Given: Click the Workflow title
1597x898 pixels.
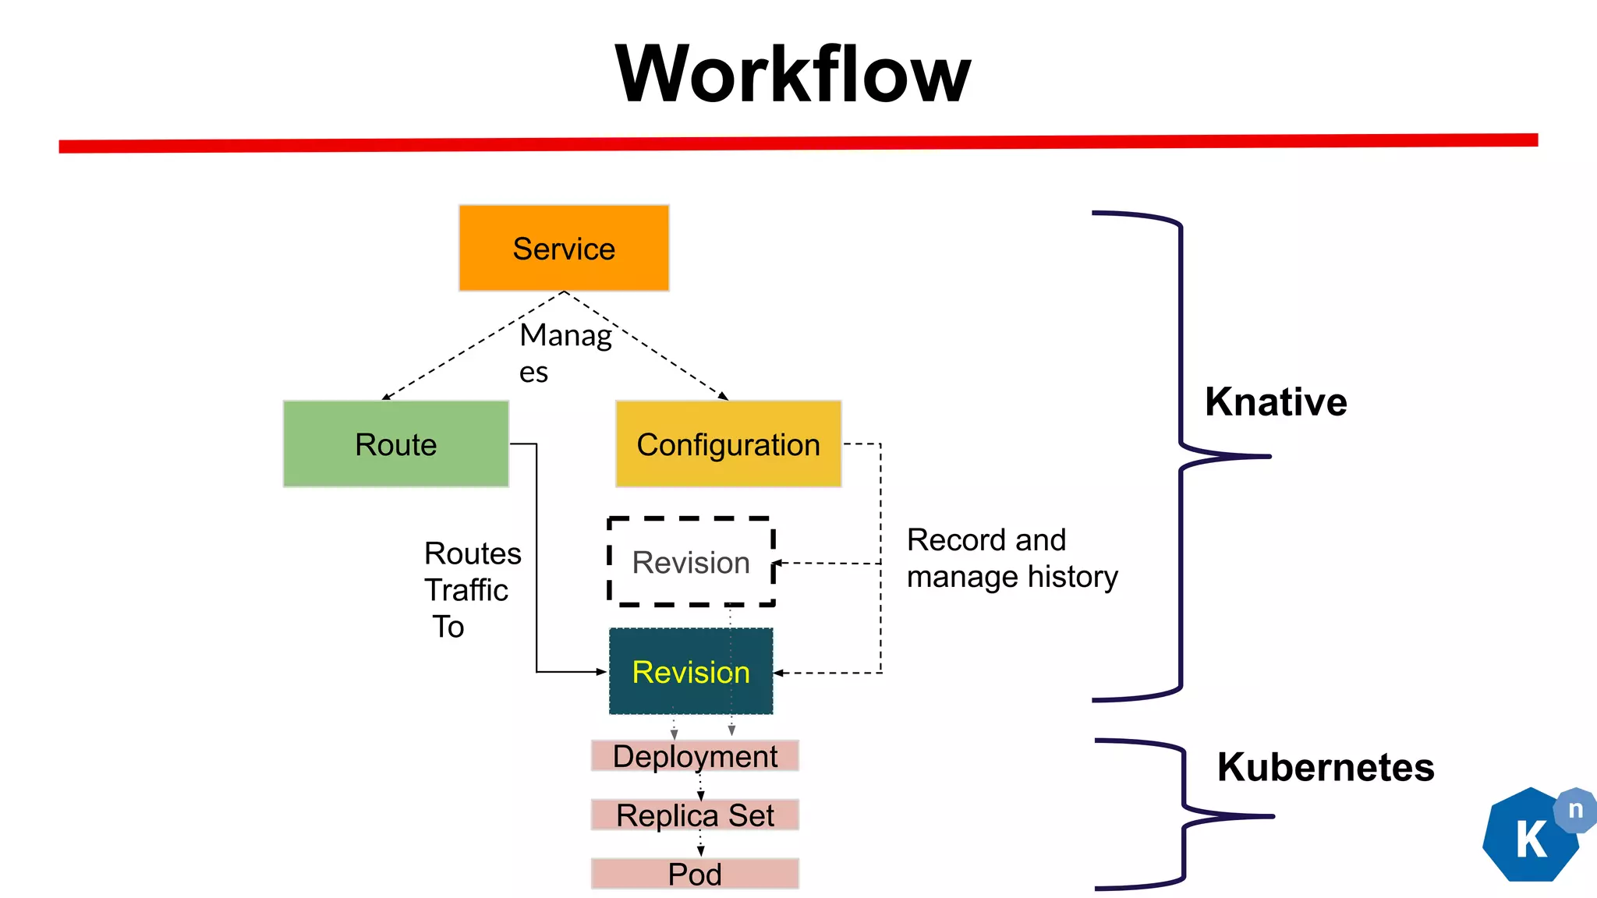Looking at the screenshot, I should point(792,74).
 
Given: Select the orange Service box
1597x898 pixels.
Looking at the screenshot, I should point(564,248).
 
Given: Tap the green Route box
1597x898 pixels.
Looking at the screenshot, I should point(395,444).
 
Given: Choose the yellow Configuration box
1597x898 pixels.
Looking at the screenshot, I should point(728,444).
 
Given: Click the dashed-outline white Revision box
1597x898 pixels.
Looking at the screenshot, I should point(691,562).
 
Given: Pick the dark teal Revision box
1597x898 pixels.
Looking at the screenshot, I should point(691,671).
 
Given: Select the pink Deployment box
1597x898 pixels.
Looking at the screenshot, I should point(695,755).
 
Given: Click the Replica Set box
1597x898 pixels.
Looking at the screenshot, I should point(695,815).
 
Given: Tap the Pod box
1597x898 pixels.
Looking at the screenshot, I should point(695,874).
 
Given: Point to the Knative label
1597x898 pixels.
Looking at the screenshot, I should point(1276,402).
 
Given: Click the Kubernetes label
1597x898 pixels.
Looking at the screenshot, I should point(1325,767).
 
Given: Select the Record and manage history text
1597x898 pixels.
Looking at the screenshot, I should point(1011,558).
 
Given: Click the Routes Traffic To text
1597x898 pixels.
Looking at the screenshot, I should point(470,589).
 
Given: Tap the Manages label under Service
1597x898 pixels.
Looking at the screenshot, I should point(565,352).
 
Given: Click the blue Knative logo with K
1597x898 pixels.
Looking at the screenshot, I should point(1529,838).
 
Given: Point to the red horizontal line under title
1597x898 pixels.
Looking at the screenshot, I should point(798,143).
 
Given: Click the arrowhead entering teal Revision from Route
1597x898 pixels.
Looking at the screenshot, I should point(601,671).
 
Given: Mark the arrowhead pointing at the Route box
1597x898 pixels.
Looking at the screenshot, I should point(385,398).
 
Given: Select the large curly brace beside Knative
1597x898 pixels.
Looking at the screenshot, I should point(1181,456).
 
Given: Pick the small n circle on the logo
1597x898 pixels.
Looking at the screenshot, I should point(1575,810).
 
